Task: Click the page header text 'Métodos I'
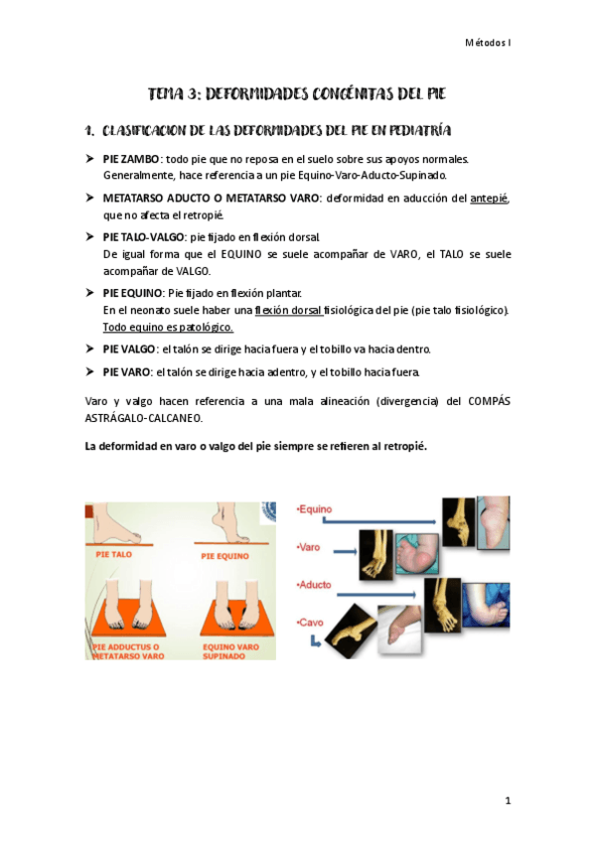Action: (489, 43)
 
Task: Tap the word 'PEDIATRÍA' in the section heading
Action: (407, 130)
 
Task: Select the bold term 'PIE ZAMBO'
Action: (130, 158)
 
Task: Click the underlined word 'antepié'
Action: (490, 199)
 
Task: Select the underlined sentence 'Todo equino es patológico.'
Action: (168, 326)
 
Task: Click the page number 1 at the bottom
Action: (508, 801)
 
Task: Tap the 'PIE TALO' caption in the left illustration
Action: (116, 556)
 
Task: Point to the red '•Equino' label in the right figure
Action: (316, 509)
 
